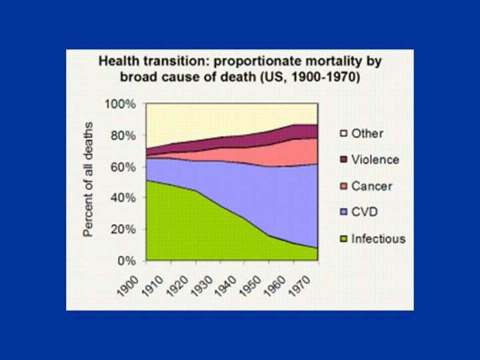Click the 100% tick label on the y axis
(122, 105)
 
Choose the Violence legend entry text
(375, 160)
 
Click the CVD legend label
(363, 213)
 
